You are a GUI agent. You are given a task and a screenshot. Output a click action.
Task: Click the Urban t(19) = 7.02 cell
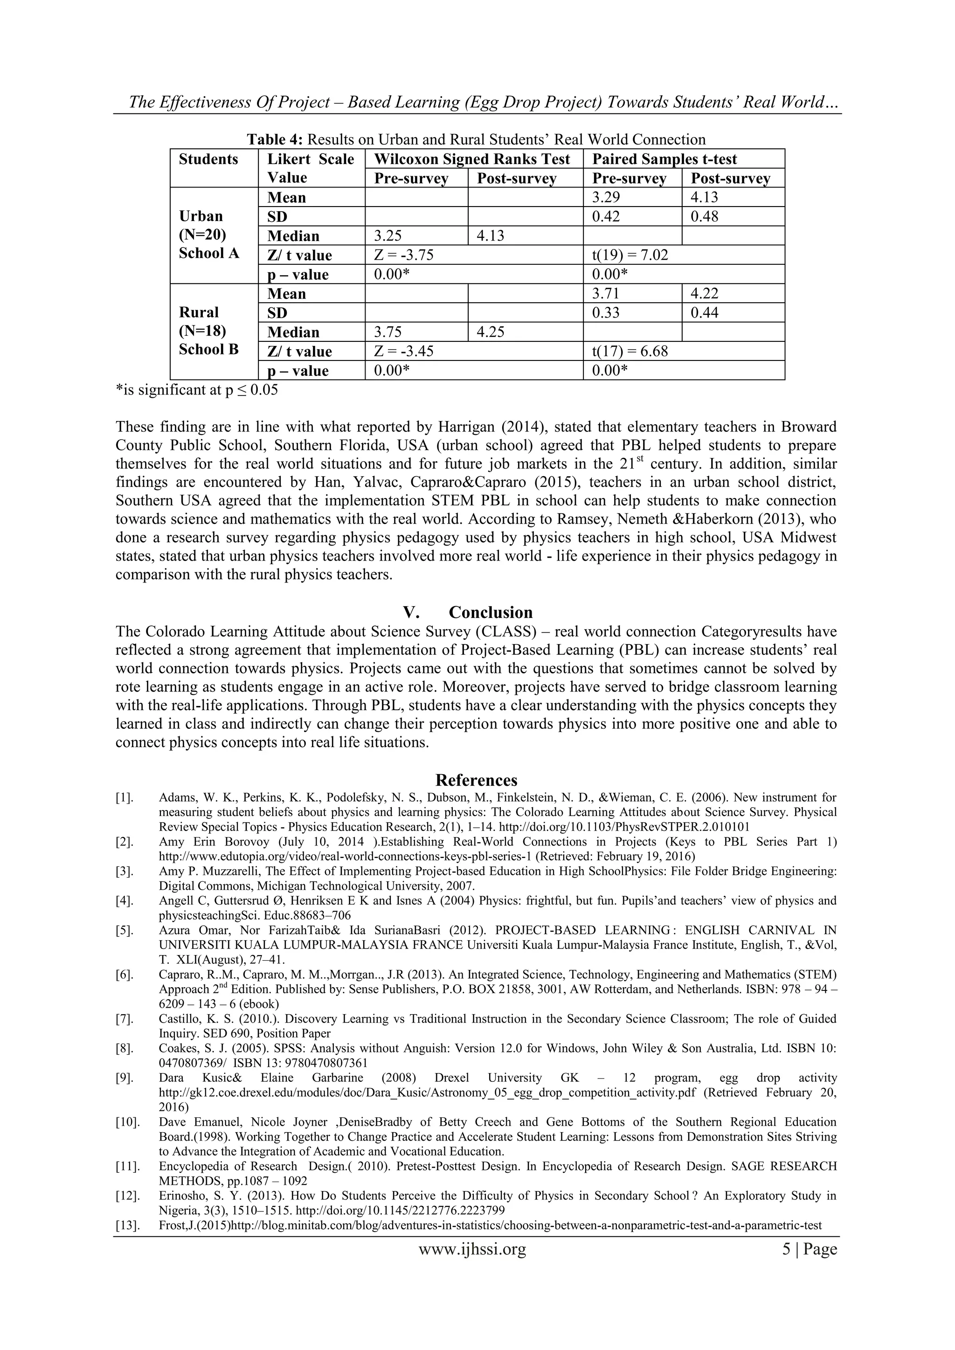pos(630,255)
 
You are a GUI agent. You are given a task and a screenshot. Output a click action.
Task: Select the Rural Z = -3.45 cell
pos(403,352)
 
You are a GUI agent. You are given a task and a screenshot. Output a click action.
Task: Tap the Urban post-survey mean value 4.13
pos(704,197)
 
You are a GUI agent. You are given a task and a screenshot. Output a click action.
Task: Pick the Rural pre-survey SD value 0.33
pos(606,312)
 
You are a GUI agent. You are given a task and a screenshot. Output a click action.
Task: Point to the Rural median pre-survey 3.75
pos(388,332)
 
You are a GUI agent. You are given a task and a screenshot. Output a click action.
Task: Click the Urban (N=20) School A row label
pos(209,235)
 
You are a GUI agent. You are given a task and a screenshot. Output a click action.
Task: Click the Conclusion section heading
pos(490,612)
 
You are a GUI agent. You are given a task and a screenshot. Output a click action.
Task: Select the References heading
pos(476,780)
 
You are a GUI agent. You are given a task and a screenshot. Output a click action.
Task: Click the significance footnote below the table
pos(196,390)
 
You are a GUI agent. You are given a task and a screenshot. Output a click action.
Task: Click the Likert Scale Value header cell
pos(311,168)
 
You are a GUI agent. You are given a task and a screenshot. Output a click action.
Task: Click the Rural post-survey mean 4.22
pos(704,293)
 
